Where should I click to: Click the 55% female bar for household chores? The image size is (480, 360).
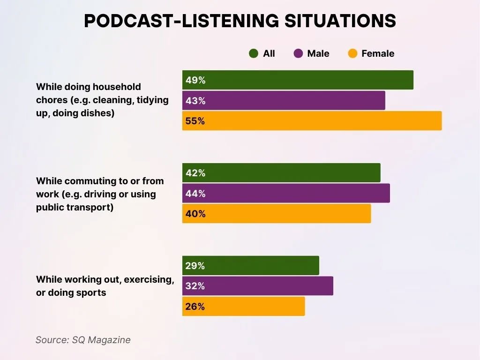point(312,121)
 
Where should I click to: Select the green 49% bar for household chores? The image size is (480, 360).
point(298,80)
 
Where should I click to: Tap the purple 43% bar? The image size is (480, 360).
point(284,101)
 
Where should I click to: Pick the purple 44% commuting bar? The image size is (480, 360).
point(286,194)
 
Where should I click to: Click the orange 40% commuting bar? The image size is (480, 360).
point(277,214)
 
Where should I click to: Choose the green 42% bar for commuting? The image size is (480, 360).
point(281,173)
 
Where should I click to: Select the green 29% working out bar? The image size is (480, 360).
point(251,266)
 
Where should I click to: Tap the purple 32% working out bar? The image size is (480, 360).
point(258,286)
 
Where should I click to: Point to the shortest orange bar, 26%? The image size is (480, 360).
point(244,307)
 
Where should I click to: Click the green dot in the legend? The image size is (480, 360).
point(254,53)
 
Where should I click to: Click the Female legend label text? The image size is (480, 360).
point(378,53)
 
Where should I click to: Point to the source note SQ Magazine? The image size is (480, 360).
point(83,340)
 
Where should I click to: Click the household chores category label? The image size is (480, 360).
point(102,100)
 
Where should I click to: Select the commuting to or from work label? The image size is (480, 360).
point(100,194)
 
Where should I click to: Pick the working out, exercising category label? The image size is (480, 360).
point(105,286)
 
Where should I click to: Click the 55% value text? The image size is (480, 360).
point(195,121)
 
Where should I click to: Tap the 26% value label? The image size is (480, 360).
point(195,307)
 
